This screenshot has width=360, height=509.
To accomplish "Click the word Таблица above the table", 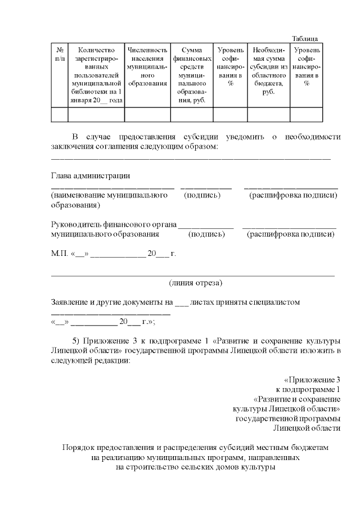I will tap(304, 38).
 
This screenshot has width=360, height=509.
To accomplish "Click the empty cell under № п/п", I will tap(60, 115).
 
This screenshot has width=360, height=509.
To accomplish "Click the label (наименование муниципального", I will tap(110, 195).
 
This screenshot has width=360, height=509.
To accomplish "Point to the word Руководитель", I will tap(78, 224).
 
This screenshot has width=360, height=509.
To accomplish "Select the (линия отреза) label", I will tap(195, 282).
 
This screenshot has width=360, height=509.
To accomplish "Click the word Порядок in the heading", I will tap(78, 448).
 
